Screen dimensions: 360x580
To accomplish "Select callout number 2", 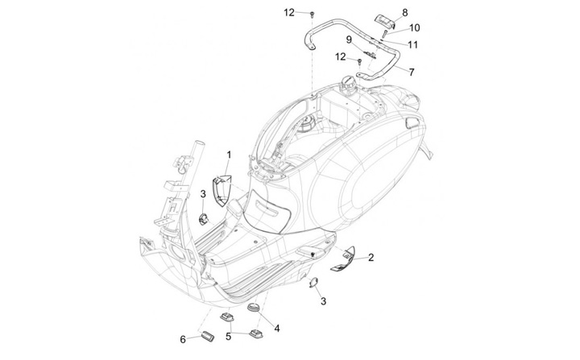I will pyautogui.click(x=371, y=258).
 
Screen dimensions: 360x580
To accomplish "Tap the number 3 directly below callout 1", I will pyautogui.click(x=203, y=193).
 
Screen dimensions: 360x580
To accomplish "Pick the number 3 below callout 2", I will pyautogui.click(x=323, y=301).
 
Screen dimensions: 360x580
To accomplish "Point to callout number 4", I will pyautogui.click(x=276, y=328).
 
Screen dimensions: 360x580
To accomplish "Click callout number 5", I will pyautogui.click(x=229, y=338).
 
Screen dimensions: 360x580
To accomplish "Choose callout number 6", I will pyautogui.click(x=183, y=338).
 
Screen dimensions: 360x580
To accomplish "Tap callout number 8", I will pyautogui.click(x=404, y=12).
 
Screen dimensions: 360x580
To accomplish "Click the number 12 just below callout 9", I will pyautogui.click(x=341, y=56).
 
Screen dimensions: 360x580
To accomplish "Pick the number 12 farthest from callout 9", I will pyautogui.click(x=289, y=12).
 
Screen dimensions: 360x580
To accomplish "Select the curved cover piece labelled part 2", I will pyautogui.click(x=345, y=256).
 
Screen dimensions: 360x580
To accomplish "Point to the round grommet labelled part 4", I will pyautogui.click(x=251, y=308).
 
